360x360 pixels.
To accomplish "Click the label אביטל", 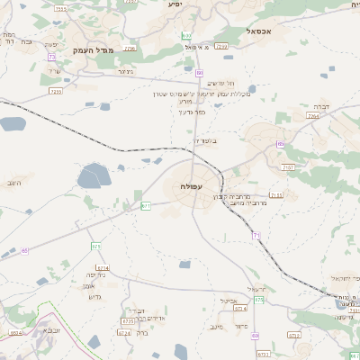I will click(227, 301).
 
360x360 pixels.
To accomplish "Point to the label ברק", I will click(141, 331).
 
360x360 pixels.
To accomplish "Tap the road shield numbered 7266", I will click(130, 49).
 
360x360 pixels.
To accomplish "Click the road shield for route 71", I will click(256, 235).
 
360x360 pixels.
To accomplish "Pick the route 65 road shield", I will click(24, 250).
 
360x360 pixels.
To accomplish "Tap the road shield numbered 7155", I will click(275, 194).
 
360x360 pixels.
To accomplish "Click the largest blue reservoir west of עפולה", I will click(95, 175).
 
